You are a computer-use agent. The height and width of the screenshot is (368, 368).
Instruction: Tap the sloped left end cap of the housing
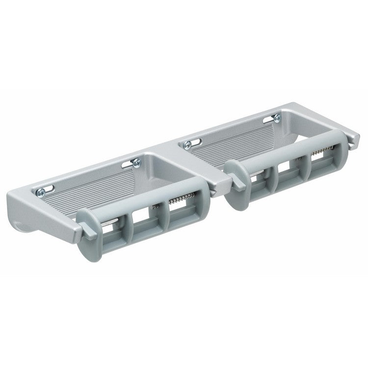pyautogui.click(x=29, y=226)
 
